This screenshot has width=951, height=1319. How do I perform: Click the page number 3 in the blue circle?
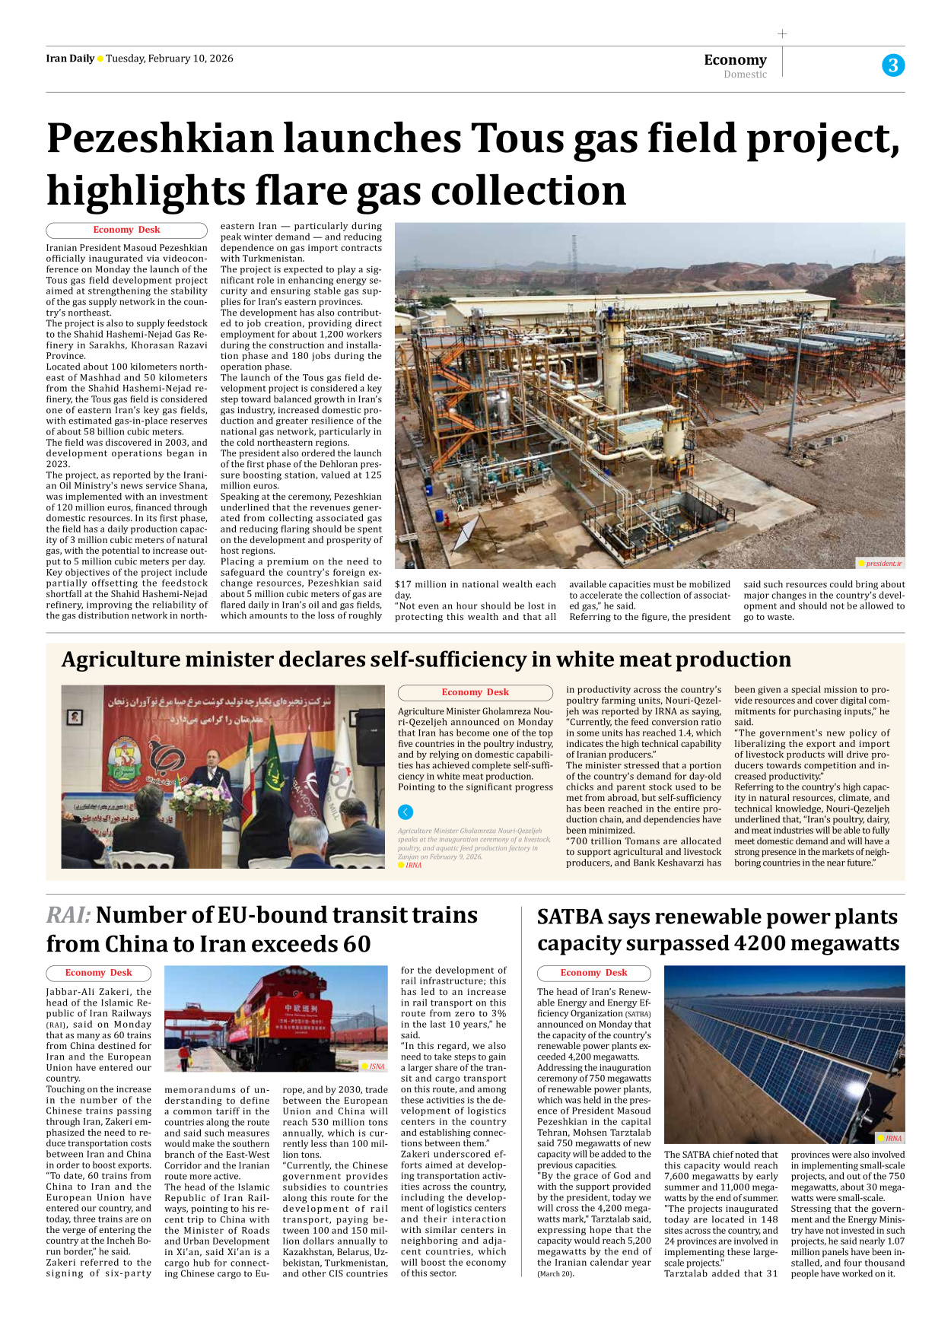pyautogui.click(x=893, y=65)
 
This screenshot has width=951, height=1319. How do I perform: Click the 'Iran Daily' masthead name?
pyautogui.click(x=69, y=59)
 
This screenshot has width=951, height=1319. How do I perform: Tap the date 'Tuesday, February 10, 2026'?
pyautogui.click(x=170, y=59)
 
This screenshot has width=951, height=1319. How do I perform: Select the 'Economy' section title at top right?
pyautogui.click(x=735, y=59)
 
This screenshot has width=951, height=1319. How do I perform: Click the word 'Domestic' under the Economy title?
pyautogui.click(x=745, y=75)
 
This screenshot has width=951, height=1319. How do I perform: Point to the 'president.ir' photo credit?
pyautogui.click(x=883, y=564)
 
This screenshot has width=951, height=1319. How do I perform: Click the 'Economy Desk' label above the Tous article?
pyautogui.click(x=126, y=230)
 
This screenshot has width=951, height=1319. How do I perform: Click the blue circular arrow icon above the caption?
pyautogui.click(x=406, y=812)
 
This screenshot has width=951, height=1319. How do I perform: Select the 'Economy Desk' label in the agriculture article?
pyautogui.click(x=475, y=692)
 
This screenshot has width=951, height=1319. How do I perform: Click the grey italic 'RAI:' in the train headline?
pyautogui.click(x=68, y=915)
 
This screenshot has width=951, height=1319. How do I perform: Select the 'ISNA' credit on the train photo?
pyautogui.click(x=377, y=1066)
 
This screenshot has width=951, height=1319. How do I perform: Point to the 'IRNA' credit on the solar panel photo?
pyautogui.click(x=893, y=1139)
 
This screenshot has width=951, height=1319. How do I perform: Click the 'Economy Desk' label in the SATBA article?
pyautogui.click(x=593, y=973)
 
